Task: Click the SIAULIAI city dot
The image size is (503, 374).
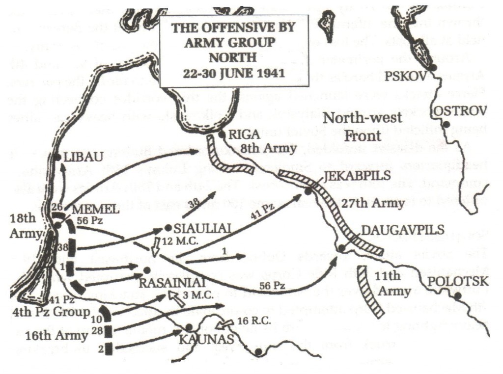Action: (168, 228)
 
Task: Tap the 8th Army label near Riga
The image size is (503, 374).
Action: (270, 148)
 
